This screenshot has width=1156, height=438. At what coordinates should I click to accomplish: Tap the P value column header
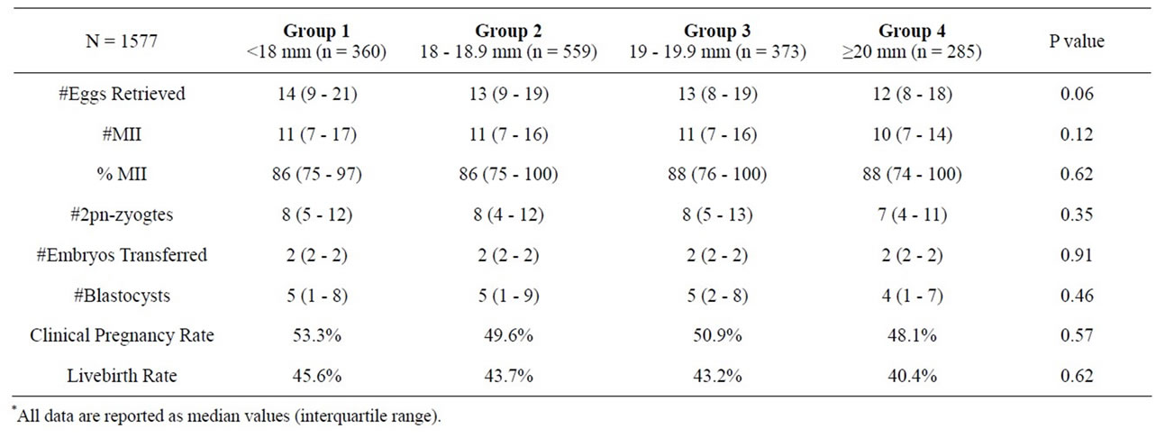pos(1077,41)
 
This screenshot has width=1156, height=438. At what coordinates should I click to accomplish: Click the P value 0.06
pos(1077,95)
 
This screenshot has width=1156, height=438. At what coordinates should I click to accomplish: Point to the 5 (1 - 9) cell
pos(508,296)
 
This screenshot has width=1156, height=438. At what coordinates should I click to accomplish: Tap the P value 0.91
pos(1077,255)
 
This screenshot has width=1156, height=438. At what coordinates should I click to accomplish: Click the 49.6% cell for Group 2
pos(508,335)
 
